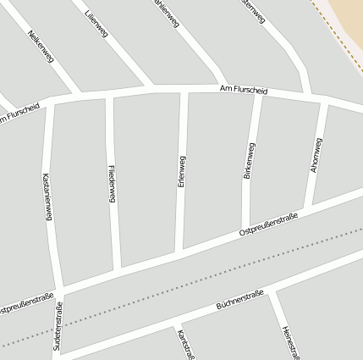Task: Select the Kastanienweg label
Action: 47,197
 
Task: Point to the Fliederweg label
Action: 113,183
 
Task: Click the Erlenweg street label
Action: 181,171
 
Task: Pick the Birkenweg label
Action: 248,160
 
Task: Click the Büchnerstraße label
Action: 240,299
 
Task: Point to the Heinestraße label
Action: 291,342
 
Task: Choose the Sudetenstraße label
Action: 58,325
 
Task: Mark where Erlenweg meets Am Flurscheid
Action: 183,91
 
